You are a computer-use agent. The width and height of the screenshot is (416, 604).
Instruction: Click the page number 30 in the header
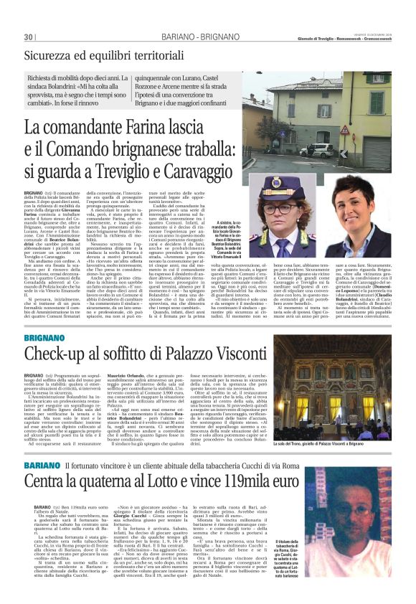[x=29, y=37]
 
